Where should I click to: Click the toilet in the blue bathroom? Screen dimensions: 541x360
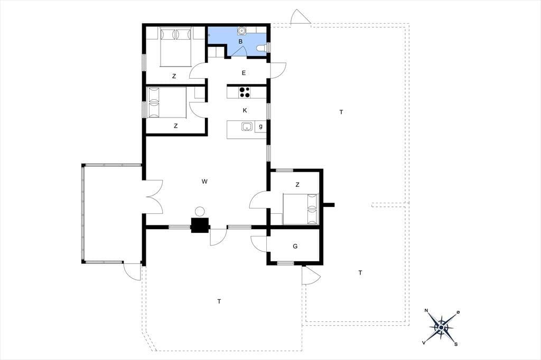click(x=262, y=48)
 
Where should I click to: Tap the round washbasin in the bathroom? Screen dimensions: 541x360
click(x=241, y=31)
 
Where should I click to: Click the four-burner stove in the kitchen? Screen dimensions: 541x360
click(x=245, y=92)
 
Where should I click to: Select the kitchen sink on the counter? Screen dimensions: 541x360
click(x=247, y=127)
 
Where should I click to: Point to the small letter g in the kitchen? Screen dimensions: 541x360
click(x=260, y=126)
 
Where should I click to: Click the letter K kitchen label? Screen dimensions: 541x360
click(x=245, y=110)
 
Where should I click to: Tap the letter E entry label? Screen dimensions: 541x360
click(x=244, y=73)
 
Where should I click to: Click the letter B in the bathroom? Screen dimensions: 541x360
click(x=240, y=41)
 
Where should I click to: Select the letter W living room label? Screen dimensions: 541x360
click(x=204, y=182)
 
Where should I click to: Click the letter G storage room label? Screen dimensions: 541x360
click(x=295, y=246)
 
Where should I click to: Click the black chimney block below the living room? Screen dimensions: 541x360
click(x=200, y=225)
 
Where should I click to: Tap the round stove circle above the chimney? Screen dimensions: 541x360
click(x=200, y=211)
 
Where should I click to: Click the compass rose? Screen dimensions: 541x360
click(x=441, y=327)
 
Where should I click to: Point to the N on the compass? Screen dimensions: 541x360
click(x=426, y=311)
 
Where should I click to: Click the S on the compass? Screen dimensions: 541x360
click(x=456, y=344)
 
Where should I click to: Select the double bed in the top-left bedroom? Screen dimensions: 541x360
click(x=176, y=47)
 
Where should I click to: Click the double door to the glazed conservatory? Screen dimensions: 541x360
click(x=154, y=197)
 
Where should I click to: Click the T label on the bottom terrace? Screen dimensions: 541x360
click(x=219, y=302)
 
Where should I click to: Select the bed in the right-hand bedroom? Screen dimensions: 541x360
click(x=300, y=209)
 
